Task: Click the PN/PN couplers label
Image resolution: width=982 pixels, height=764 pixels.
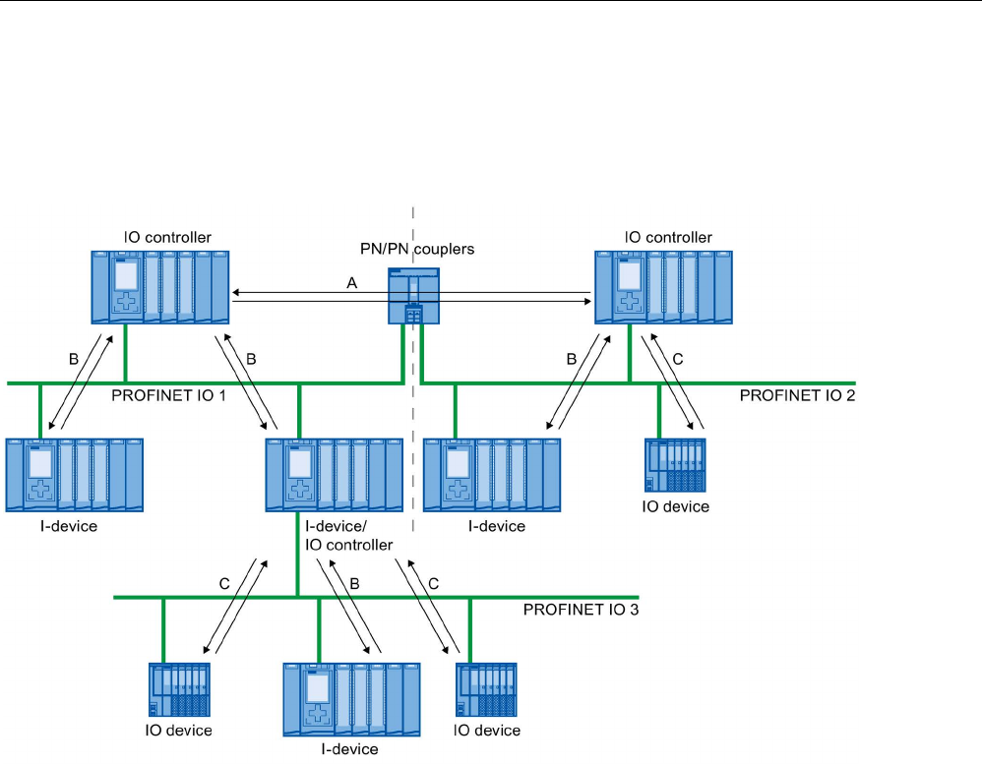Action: tap(417, 249)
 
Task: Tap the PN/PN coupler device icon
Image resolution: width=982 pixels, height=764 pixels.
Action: tap(413, 296)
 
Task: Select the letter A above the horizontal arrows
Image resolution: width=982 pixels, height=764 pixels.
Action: tap(352, 283)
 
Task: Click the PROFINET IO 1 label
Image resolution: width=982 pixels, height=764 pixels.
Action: tap(168, 395)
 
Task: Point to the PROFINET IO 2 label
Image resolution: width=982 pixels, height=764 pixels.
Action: tap(797, 395)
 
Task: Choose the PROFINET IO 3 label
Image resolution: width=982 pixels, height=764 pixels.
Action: tap(582, 610)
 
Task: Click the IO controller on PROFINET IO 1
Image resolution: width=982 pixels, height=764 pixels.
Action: tap(160, 287)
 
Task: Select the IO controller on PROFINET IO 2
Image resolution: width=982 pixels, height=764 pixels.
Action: tap(663, 287)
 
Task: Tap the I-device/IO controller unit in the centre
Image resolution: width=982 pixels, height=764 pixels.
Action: tap(335, 475)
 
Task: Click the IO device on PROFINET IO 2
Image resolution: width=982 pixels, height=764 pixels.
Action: tap(675, 465)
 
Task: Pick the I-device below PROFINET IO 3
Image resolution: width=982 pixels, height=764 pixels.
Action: tap(352, 699)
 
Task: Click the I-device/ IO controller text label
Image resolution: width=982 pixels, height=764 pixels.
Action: tap(349, 536)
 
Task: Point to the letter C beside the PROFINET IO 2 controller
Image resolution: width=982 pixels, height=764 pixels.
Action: tap(678, 359)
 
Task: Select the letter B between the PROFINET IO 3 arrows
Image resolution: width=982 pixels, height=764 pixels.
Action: tap(354, 584)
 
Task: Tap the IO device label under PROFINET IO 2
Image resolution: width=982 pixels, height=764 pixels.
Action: tap(676, 506)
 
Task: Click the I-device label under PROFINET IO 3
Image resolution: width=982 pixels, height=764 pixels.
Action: tap(349, 749)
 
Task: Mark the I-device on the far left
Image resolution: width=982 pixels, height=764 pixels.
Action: tap(75, 475)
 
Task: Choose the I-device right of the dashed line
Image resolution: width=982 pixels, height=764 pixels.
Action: tap(492, 475)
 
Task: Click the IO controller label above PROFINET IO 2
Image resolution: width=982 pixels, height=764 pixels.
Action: tap(668, 237)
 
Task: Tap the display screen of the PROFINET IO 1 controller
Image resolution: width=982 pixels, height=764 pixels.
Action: tap(127, 275)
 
